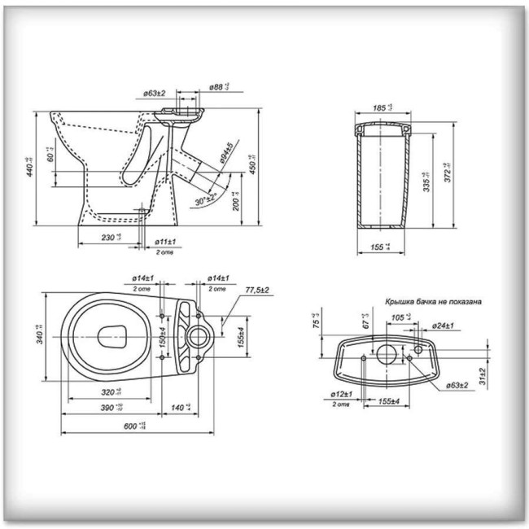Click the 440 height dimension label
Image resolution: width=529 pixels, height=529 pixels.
tap(30, 166)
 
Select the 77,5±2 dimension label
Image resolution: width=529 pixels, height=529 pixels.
tap(257, 290)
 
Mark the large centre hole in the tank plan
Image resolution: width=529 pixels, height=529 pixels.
tap(386, 356)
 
